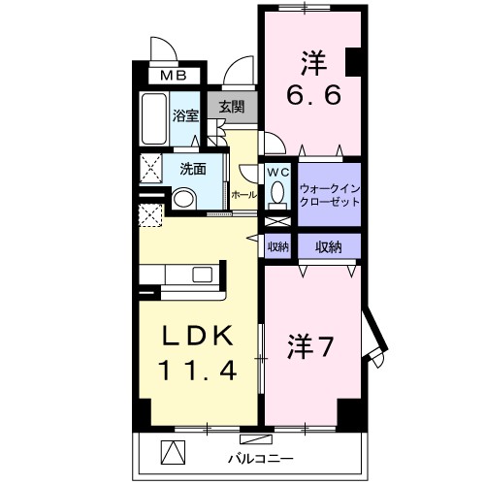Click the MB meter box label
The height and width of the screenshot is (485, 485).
point(174,75)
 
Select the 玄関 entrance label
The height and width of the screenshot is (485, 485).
point(231,108)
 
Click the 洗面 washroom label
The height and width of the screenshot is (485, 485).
point(191,168)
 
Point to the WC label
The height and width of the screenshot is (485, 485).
point(278,172)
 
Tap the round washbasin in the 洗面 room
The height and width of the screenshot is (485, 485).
point(183,200)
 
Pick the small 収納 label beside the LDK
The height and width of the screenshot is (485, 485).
point(278,247)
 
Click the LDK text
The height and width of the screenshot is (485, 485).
point(196,337)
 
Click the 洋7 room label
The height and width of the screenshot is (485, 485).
point(311,344)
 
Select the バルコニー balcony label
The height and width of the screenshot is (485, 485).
point(259,456)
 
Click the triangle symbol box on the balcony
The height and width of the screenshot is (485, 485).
point(171,452)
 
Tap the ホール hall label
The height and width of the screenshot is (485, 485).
point(243,195)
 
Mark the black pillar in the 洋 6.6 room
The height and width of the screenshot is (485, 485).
point(351,61)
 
